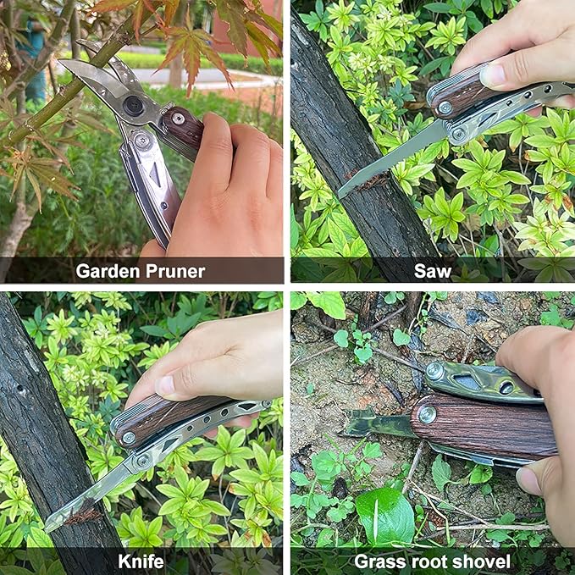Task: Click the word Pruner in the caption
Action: point(174,271)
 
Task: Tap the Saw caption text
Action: point(432,271)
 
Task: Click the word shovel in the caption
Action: point(478,561)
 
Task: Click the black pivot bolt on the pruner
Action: point(133,106)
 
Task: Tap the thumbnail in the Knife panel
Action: point(166,386)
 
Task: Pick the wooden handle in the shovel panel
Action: point(483,428)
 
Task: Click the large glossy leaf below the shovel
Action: point(384,517)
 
